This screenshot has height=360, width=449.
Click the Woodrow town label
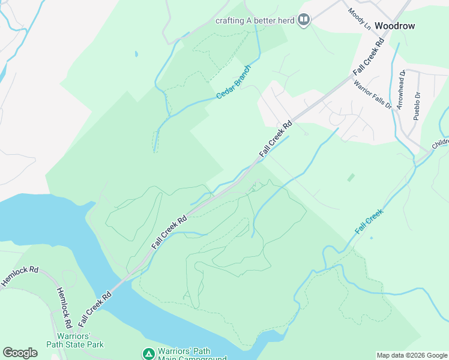394,26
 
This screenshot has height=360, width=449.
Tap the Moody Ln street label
359,19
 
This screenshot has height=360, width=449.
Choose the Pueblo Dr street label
416,106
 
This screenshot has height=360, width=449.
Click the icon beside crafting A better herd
304,20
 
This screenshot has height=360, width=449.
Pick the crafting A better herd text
255,20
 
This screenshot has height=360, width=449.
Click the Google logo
20,353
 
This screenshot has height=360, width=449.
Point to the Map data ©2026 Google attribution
412,355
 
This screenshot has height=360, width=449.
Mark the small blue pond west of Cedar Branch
136,54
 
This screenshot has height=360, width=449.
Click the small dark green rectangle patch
351,178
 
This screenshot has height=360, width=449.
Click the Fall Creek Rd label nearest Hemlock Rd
95,305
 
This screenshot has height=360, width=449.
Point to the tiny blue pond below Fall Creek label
371,238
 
